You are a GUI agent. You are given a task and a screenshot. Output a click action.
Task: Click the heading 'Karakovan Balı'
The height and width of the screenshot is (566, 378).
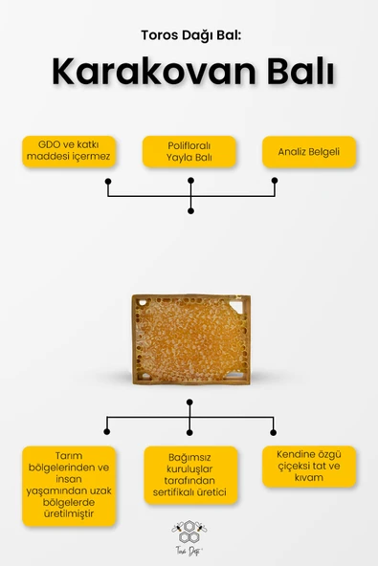193,71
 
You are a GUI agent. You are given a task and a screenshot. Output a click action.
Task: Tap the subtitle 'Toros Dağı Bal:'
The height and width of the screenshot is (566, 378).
190,35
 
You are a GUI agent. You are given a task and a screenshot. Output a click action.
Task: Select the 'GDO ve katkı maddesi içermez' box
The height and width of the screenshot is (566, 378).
69,151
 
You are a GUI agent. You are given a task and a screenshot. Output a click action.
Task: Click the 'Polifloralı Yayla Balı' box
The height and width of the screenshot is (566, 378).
189,151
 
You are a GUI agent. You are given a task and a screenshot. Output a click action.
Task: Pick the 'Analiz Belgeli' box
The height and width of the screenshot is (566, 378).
309,152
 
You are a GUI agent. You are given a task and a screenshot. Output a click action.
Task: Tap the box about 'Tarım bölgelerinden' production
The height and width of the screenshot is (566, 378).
69,486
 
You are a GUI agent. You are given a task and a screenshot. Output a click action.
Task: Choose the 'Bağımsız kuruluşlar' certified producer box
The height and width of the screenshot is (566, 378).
190,474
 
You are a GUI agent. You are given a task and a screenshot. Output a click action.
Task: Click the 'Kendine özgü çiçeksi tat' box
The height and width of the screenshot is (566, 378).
309,467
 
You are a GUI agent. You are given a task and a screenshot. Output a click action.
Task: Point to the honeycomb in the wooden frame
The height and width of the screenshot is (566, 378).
190,339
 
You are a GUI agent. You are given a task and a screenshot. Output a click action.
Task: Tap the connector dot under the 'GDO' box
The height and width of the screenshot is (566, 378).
108,181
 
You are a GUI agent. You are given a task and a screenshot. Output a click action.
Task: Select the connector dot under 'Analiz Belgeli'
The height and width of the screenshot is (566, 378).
275,180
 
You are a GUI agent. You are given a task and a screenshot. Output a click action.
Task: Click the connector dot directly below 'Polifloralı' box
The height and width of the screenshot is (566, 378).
190,181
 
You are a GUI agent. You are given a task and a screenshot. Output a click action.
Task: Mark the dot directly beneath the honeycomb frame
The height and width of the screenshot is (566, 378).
189,403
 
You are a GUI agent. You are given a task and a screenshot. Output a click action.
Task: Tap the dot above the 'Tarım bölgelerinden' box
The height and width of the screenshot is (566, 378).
106,432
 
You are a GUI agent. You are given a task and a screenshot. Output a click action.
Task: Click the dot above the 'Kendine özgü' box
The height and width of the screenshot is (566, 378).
273,432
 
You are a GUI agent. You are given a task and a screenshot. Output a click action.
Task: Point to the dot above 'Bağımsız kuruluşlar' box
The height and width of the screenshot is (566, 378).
189,432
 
